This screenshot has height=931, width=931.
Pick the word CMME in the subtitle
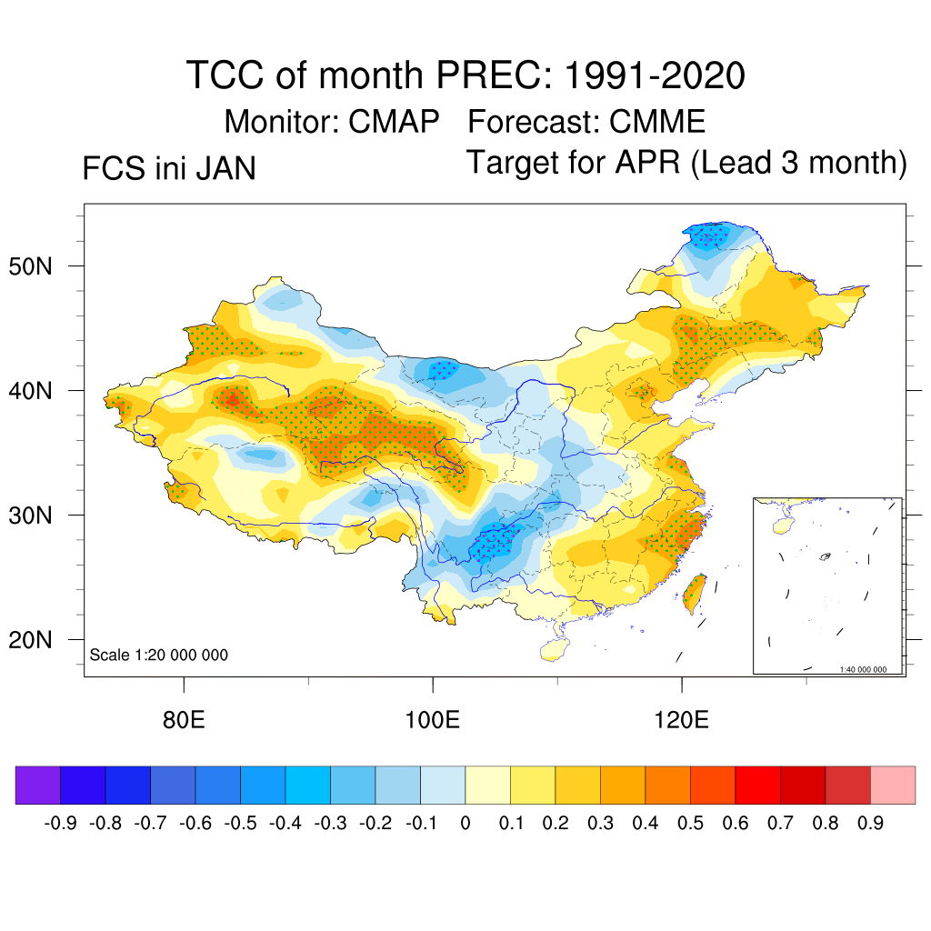pos(657,121)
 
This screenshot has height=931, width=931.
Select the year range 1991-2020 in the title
pos(655,75)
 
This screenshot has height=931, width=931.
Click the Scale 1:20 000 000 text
pos(159,656)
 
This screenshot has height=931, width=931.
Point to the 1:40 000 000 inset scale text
pos(869,669)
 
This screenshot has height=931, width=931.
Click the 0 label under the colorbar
pos(465,824)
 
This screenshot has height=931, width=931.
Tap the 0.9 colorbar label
pos(871,824)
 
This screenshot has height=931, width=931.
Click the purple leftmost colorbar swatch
pos(37,786)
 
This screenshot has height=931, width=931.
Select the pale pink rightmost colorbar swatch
pos(893,786)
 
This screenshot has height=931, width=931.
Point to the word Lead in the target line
pos(736,163)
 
